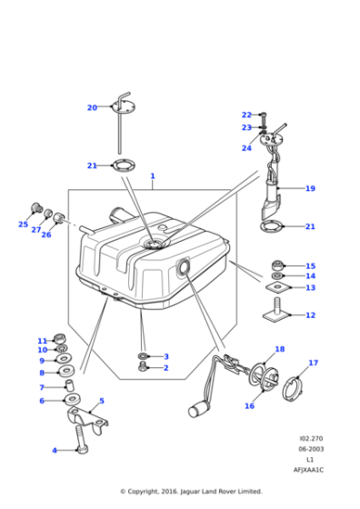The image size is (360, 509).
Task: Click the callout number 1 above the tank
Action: point(153,176)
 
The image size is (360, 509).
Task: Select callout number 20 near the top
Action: point(92,108)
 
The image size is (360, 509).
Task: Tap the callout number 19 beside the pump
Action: point(310,189)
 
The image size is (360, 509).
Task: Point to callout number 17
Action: point(313,363)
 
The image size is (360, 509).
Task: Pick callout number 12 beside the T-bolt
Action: point(310,315)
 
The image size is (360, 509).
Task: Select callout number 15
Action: point(310,266)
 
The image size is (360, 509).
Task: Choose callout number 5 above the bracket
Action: point(101,400)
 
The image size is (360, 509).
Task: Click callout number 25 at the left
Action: point(23,225)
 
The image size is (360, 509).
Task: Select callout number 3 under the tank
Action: point(166,356)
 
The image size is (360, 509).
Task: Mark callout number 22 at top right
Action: point(246,115)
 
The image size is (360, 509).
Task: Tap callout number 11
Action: point(42,341)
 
